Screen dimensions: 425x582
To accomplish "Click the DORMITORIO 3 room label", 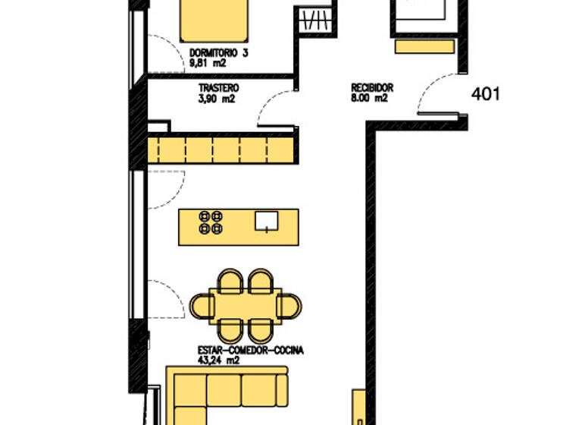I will tap(218, 54).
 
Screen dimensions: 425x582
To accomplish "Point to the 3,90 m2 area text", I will tap(217, 99).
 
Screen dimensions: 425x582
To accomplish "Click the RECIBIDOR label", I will tap(371, 87).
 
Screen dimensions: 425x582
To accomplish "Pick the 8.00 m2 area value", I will tap(369, 98).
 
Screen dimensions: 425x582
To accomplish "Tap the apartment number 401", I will tap(485, 94).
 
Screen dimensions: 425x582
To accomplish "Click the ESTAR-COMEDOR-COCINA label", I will tap(251, 351).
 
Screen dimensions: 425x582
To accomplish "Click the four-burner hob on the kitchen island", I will tap(211, 222).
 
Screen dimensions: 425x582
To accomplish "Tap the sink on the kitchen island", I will tap(266, 221).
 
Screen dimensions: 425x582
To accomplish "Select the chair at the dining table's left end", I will tap(202, 306).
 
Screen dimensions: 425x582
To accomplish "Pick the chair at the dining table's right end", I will tap(290, 305).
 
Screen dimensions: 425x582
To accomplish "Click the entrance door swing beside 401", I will tap(438, 95).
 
